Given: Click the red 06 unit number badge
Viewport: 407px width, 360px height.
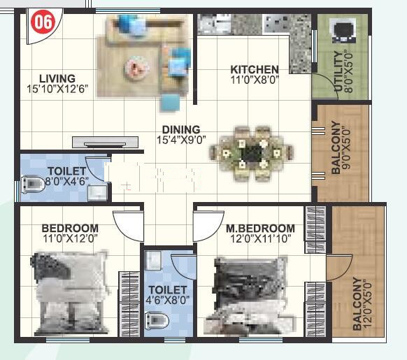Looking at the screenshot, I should coord(43,22).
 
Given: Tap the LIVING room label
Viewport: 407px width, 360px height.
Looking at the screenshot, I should coord(57,78).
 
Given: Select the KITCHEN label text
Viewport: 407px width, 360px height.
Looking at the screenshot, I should coord(255,69).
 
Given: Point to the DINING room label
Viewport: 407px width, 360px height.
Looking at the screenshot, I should coord(181,129).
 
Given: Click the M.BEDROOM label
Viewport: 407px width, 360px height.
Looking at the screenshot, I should coord(260,229).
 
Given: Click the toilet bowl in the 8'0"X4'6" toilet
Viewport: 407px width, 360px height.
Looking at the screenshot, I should coord(32,185).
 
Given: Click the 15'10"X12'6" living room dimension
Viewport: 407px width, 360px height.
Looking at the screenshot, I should coord(58,89).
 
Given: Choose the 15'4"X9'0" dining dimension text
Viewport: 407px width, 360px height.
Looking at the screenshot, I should coord(181,140).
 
